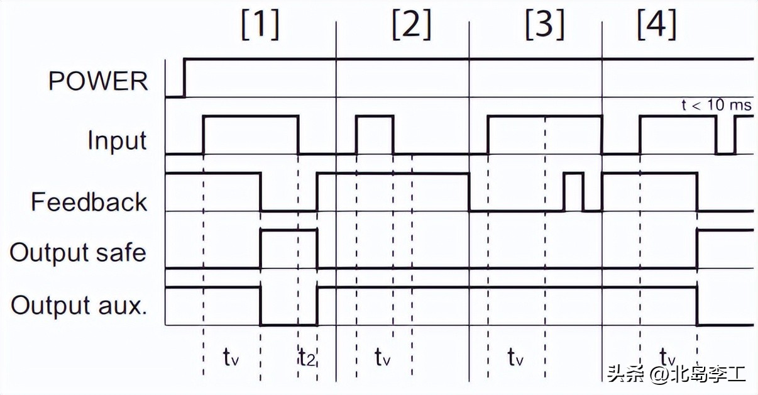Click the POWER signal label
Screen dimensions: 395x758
[x=98, y=81]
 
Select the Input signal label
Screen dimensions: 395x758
[x=117, y=140]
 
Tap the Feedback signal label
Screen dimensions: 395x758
[x=89, y=202]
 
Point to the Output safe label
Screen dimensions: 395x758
[x=78, y=252]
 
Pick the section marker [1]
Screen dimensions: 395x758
[x=260, y=26]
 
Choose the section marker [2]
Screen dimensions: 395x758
[x=412, y=26]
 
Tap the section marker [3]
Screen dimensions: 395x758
[x=544, y=26]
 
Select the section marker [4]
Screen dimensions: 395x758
[x=656, y=26]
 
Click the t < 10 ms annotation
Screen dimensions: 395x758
[x=717, y=105]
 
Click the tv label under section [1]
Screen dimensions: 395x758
[x=231, y=358]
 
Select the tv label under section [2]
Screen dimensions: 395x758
[x=383, y=358]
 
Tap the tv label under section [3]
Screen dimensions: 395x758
[x=515, y=358]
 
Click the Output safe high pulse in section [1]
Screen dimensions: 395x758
[x=289, y=231]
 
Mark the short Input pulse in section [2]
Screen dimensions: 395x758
[x=375, y=116]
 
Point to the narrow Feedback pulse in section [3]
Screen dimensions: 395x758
[x=573, y=174]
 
